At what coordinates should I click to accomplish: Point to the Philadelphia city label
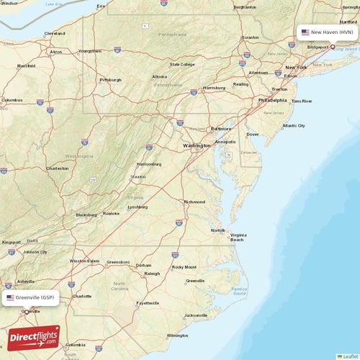[x=273, y=101]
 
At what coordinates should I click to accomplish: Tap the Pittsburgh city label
[x=110, y=80]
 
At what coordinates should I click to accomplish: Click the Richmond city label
[x=194, y=202]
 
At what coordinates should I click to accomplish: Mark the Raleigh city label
[x=152, y=274]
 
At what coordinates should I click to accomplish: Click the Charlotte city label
[x=83, y=296]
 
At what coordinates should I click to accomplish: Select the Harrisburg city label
[x=215, y=88]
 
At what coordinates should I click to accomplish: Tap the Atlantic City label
[x=294, y=125]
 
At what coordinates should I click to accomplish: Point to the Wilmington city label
[x=177, y=336]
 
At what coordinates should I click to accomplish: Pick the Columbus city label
[x=12, y=100]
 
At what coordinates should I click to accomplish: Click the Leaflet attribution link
[x=348, y=356]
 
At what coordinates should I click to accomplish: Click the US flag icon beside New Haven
[x=305, y=32]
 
